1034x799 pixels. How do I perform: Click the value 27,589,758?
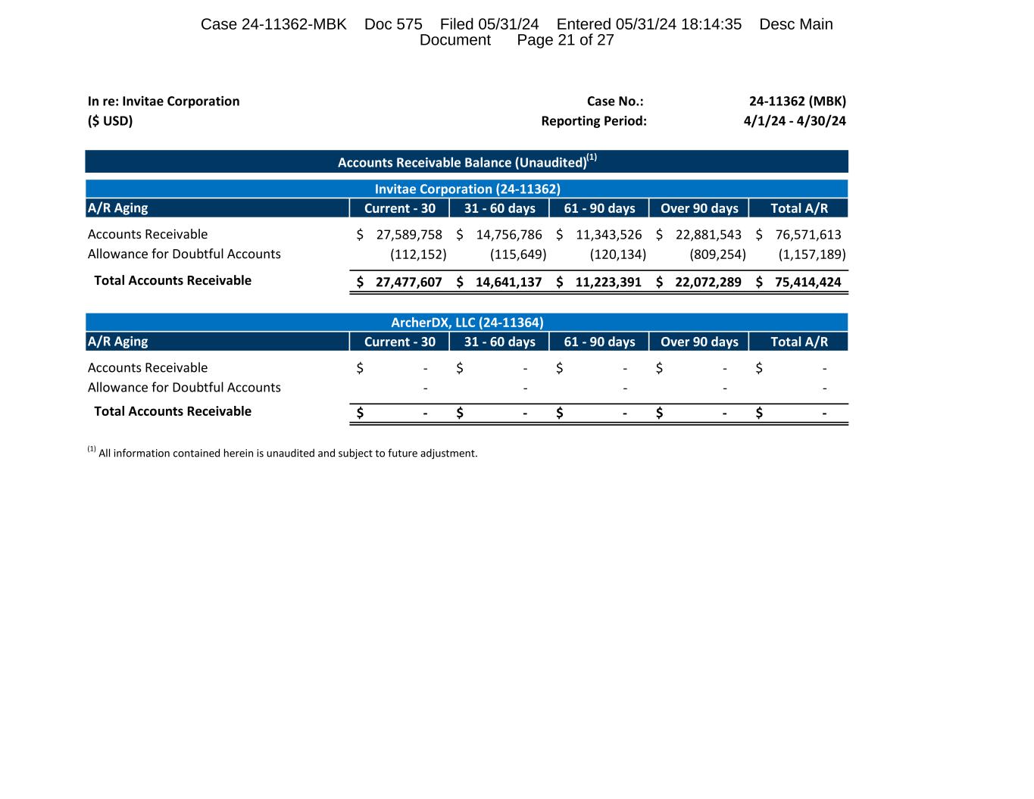(409, 235)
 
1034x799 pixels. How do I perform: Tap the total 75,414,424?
(808, 282)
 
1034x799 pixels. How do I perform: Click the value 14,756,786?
(509, 235)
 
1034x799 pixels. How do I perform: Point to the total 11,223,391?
(608, 282)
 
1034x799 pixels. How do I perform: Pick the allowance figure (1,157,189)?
(812, 254)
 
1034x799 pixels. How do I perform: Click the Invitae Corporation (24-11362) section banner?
(467, 189)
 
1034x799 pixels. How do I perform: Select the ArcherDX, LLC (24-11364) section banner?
(467, 323)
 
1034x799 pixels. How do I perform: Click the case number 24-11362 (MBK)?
(797, 101)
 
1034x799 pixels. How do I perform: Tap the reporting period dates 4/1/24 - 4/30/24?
(795, 121)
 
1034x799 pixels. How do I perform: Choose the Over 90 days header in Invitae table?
(699, 208)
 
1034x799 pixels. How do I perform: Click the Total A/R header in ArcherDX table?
(799, 342)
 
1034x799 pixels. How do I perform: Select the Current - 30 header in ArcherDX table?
(400, 342)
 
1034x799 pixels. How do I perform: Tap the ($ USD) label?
(110, 121)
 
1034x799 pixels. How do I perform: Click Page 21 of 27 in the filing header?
(565, 40)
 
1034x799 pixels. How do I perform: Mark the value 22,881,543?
(708, 235)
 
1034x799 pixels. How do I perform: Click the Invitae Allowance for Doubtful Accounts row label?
(184, 254)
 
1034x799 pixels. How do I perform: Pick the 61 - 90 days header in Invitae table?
(599, 208)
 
